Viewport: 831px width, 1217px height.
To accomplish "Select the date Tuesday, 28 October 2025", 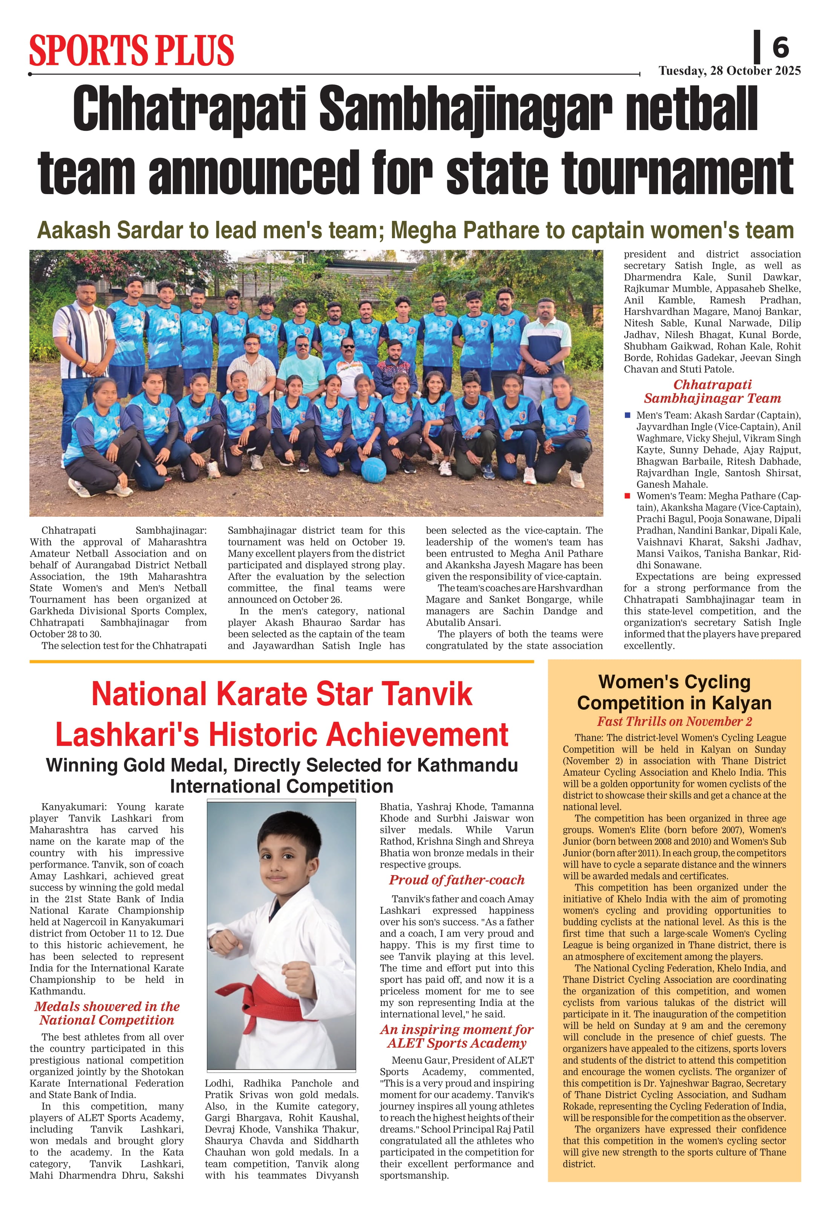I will click(x=729, y=71).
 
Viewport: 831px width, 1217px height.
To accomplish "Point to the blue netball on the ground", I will click(x=373, y=469).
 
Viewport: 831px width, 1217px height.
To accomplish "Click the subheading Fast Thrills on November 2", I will click(x=675, y=722).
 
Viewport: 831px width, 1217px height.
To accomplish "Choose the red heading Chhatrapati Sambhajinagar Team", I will click(x=712, y=391).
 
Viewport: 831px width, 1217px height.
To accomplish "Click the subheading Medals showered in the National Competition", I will click(x=107, y=1013).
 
